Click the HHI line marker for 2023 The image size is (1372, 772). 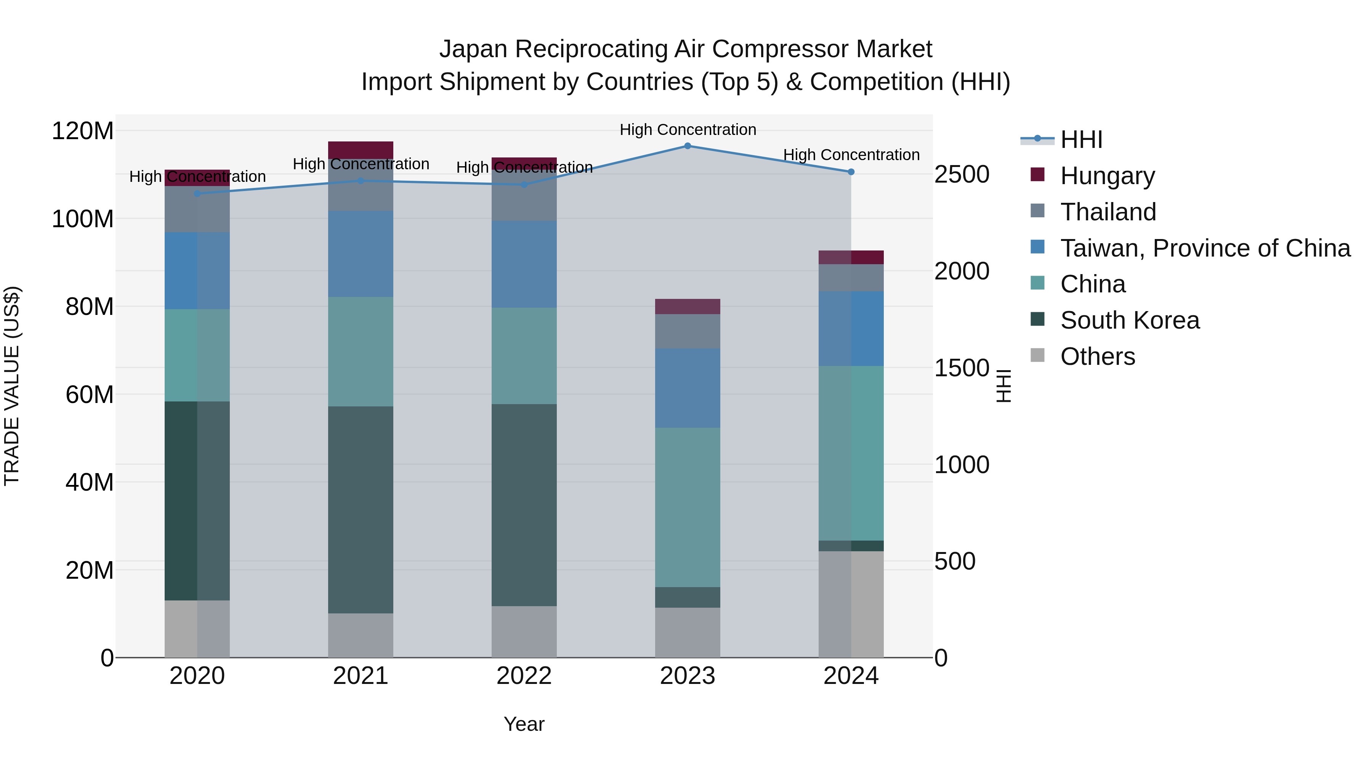[687, 146]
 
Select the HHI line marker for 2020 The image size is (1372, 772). [197, 193]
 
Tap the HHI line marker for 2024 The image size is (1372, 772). [851, 172]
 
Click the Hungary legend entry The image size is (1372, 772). [1107, 176]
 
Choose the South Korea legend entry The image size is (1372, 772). [1129, 320]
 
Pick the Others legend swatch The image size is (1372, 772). [1037, 355]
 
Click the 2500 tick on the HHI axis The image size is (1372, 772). [962, 175]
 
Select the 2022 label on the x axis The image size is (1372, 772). [524, 676]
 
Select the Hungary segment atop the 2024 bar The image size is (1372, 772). [851, 257]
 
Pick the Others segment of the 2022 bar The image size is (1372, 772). [524, 631]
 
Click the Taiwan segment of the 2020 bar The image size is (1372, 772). [197, 271]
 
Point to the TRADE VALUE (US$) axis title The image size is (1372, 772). [12, 386]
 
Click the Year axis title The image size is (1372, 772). [524, 724]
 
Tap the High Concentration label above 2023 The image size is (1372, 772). [687, 130]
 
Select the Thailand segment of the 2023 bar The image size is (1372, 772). [687, 331]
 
